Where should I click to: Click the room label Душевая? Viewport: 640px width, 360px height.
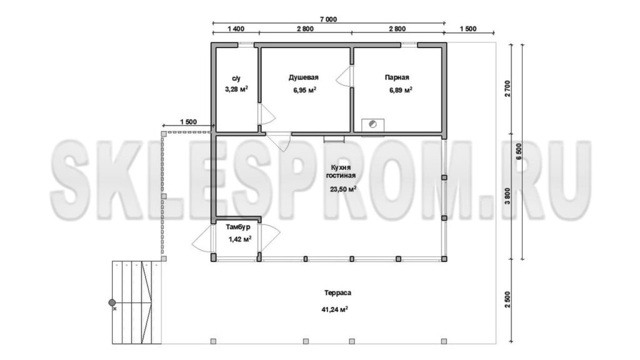[303, 77]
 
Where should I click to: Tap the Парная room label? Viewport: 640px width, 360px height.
[397, 77]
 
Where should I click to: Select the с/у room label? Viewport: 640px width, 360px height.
[236, 78]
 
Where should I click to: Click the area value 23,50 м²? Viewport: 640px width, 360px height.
[343, 189]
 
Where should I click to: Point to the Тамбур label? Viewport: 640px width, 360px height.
[238, 227]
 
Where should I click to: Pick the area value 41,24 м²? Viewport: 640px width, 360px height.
[335, 309]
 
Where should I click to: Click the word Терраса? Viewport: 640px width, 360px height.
[337, 292]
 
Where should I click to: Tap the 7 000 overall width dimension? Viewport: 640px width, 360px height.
[329, 19]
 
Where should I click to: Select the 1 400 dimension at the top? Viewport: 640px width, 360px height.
[236, 29]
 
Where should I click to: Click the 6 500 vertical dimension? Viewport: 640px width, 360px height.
[519, 151]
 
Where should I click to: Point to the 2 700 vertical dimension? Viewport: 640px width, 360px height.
[507, 88]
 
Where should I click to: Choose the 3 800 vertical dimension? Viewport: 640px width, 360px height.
[507, 196]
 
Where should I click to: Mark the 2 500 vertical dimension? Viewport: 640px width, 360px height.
[507, 300]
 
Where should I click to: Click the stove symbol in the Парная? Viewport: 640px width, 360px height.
[372, 125]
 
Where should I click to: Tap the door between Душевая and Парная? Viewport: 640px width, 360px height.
[345, 76]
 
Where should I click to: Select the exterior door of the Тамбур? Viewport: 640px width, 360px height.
[202, 239]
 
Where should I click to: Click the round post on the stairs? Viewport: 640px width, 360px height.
[112, 302]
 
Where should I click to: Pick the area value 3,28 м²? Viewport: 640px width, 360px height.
[236, 89]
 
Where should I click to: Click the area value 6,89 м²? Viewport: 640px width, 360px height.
[401, 90]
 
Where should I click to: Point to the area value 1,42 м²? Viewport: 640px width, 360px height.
[239, 239]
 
